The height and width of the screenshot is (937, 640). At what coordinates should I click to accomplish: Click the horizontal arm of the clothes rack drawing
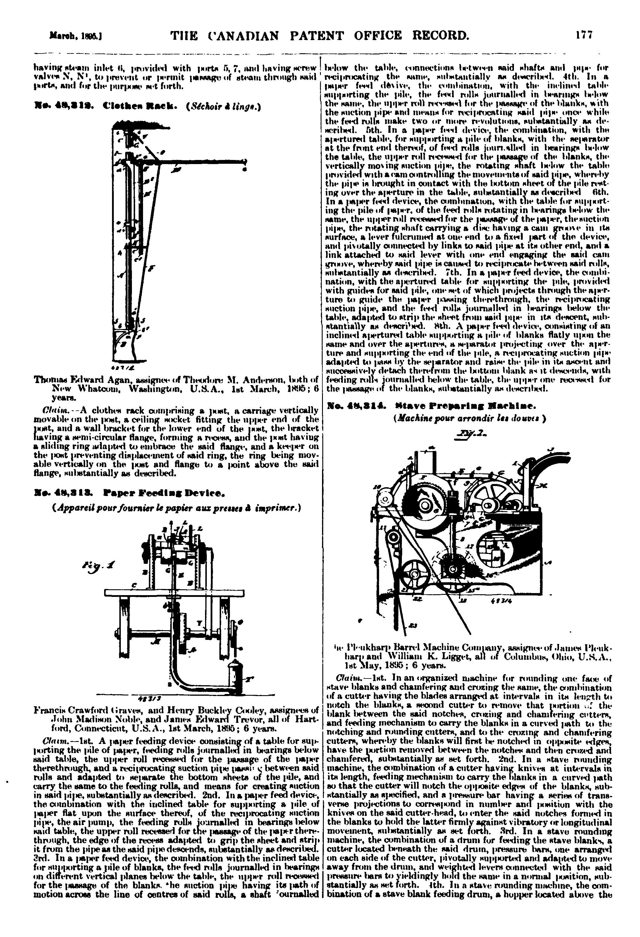(202, 162)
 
